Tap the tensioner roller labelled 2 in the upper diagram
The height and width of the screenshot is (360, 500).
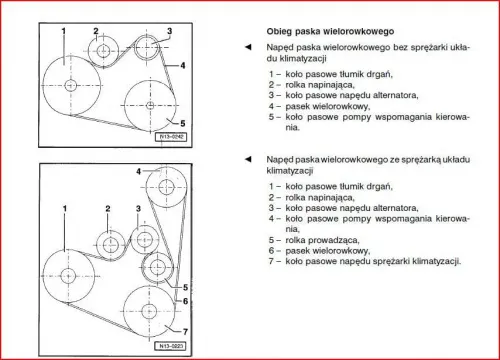coord(102,49)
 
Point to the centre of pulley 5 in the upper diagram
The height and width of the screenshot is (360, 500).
coord(148,105)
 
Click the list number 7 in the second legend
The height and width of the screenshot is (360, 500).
coord(273,263)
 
